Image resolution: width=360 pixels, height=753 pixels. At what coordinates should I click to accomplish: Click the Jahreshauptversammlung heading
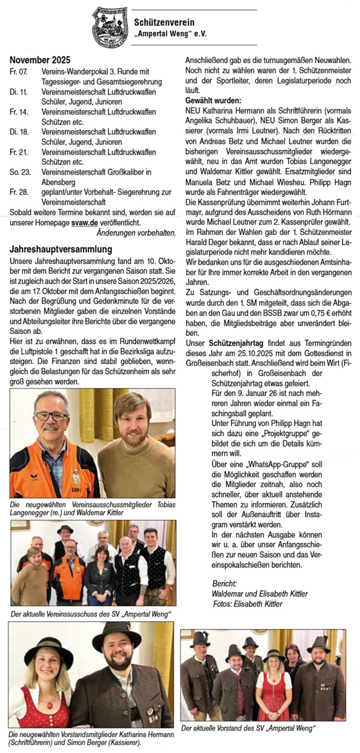[x=61, y=249]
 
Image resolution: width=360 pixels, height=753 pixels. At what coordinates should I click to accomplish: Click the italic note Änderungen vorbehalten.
[x=136, y=233]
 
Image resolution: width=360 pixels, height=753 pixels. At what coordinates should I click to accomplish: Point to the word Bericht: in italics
[x=224, y=584]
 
